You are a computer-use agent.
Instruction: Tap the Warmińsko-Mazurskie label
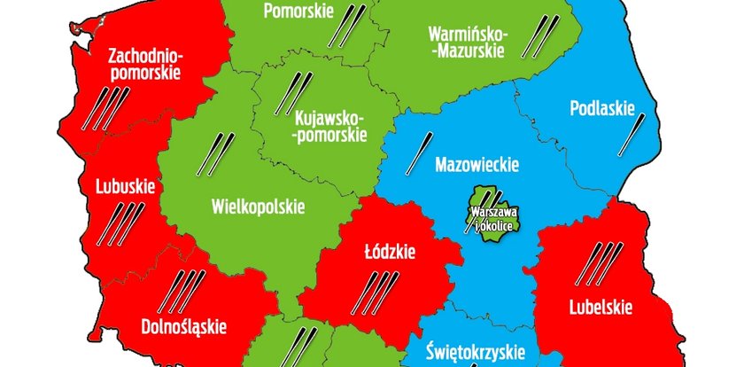pyautogui.click(x=467, y=43)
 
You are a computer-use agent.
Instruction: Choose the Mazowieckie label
pyautogui.click(x=477, y=164)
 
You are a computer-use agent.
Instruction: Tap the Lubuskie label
pyautogui.click(x=125, y=187)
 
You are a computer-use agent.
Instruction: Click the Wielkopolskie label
pyautogui.click(x=259, y=207)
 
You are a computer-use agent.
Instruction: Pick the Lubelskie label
pyautogui.click(x=601, y=308)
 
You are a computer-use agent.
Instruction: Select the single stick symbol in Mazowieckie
pyautogui.click(x=419, y=153)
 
